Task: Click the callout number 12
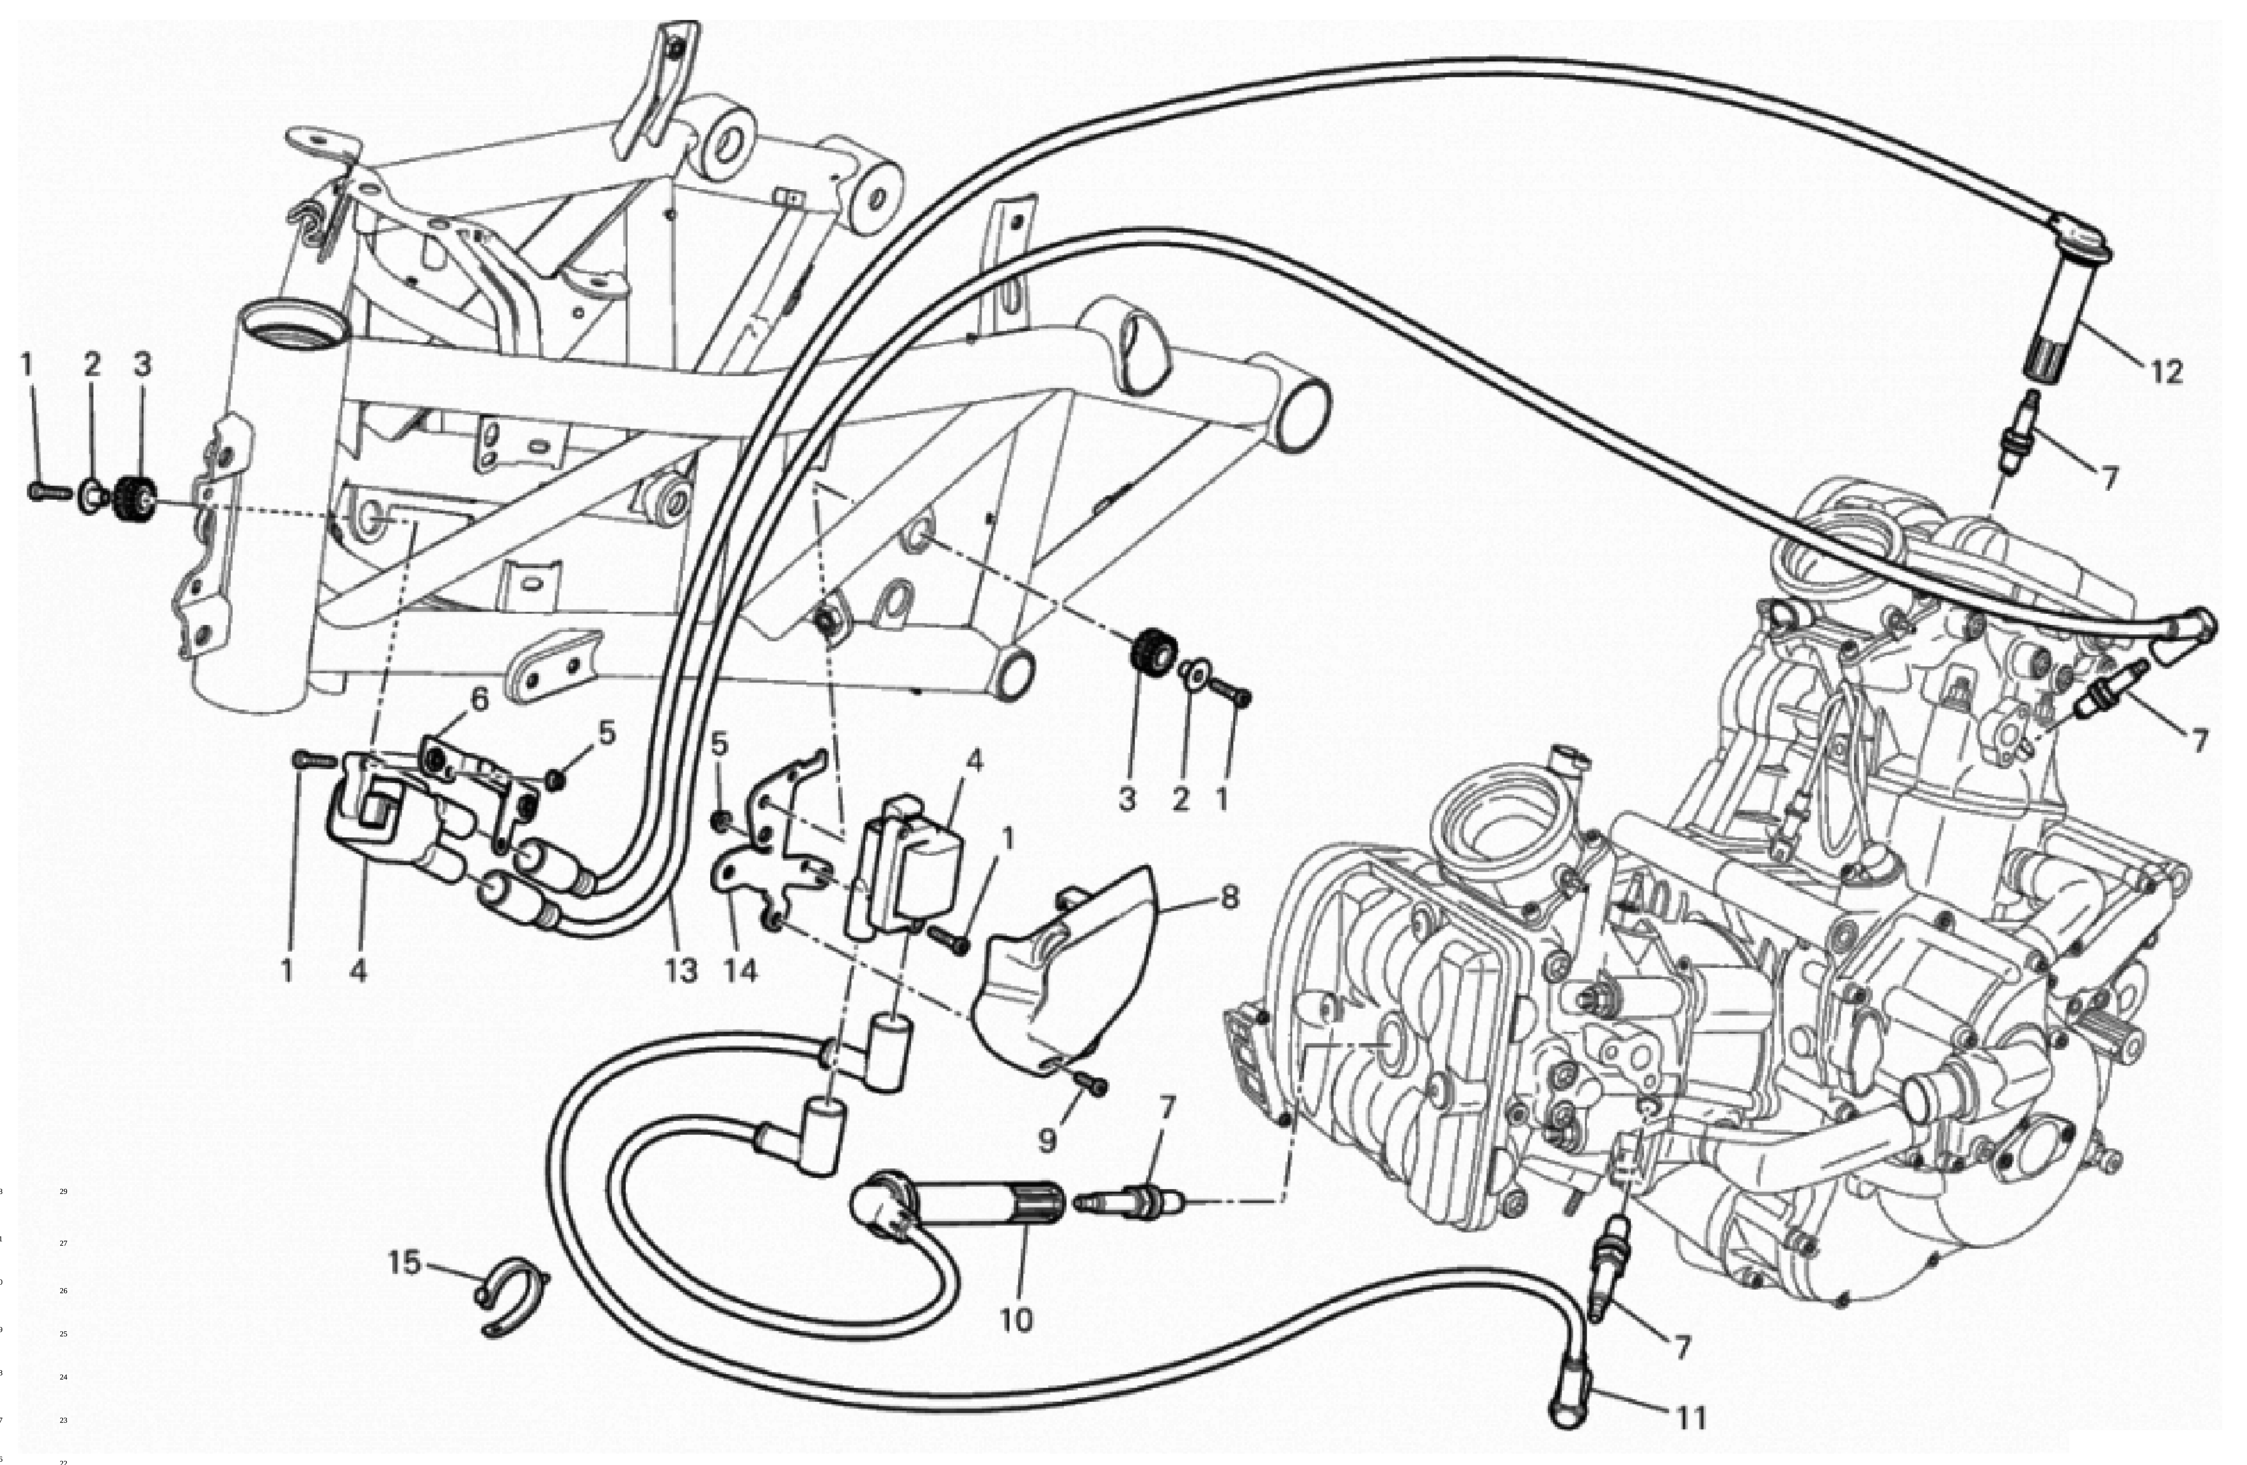pyautogui.click(x=2167, y=373)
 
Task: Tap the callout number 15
pyautogui.click(x=404, y=1262)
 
